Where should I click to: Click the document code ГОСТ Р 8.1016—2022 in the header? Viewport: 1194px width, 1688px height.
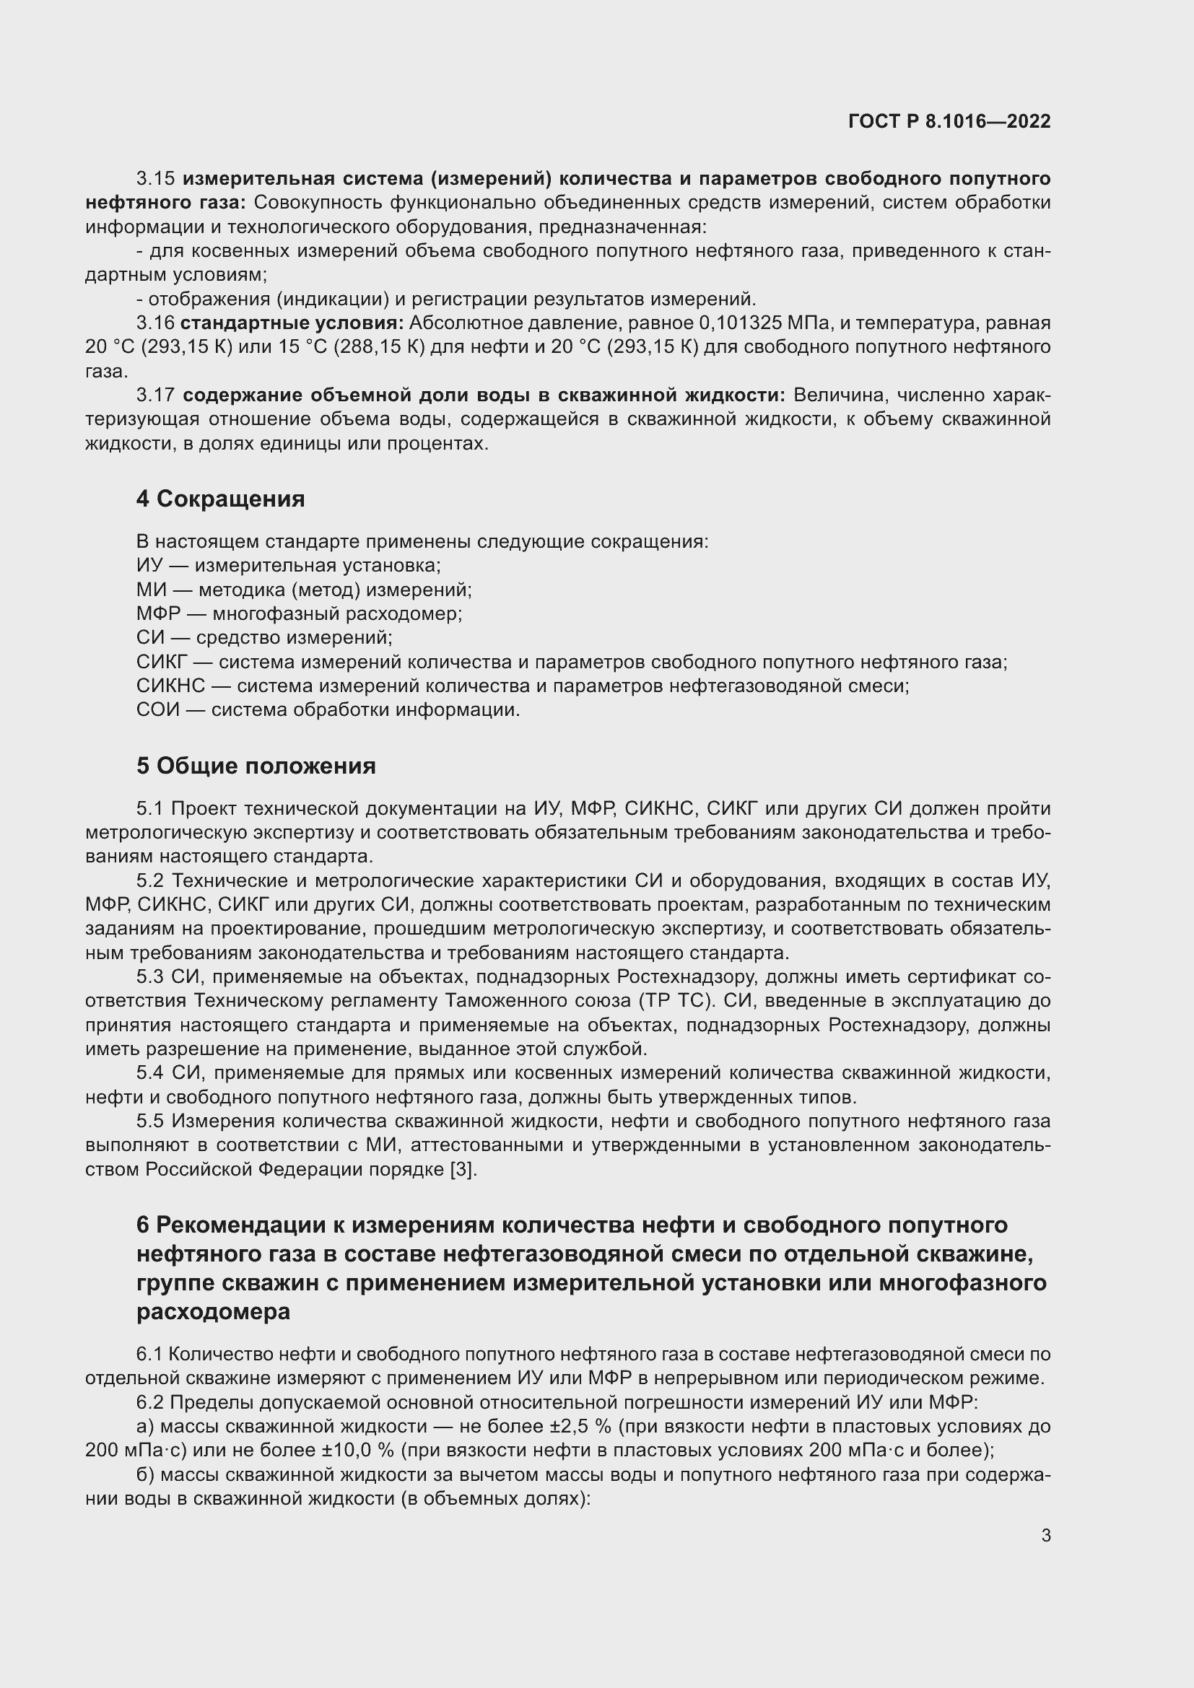click(x=949, y=121)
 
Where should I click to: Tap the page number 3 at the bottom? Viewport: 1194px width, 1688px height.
click(x=1046, y=1535)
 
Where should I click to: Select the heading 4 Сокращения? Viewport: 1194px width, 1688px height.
click(x=220, y=499)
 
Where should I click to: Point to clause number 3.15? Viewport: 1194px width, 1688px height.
click(x=155, y=179)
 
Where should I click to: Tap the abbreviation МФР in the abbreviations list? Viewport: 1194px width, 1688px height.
click(x=158, y=613)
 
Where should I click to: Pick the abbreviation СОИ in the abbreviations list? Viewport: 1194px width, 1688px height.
click(x=157, y=710)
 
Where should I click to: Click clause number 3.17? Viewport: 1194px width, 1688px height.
click(x=155, y=395)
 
